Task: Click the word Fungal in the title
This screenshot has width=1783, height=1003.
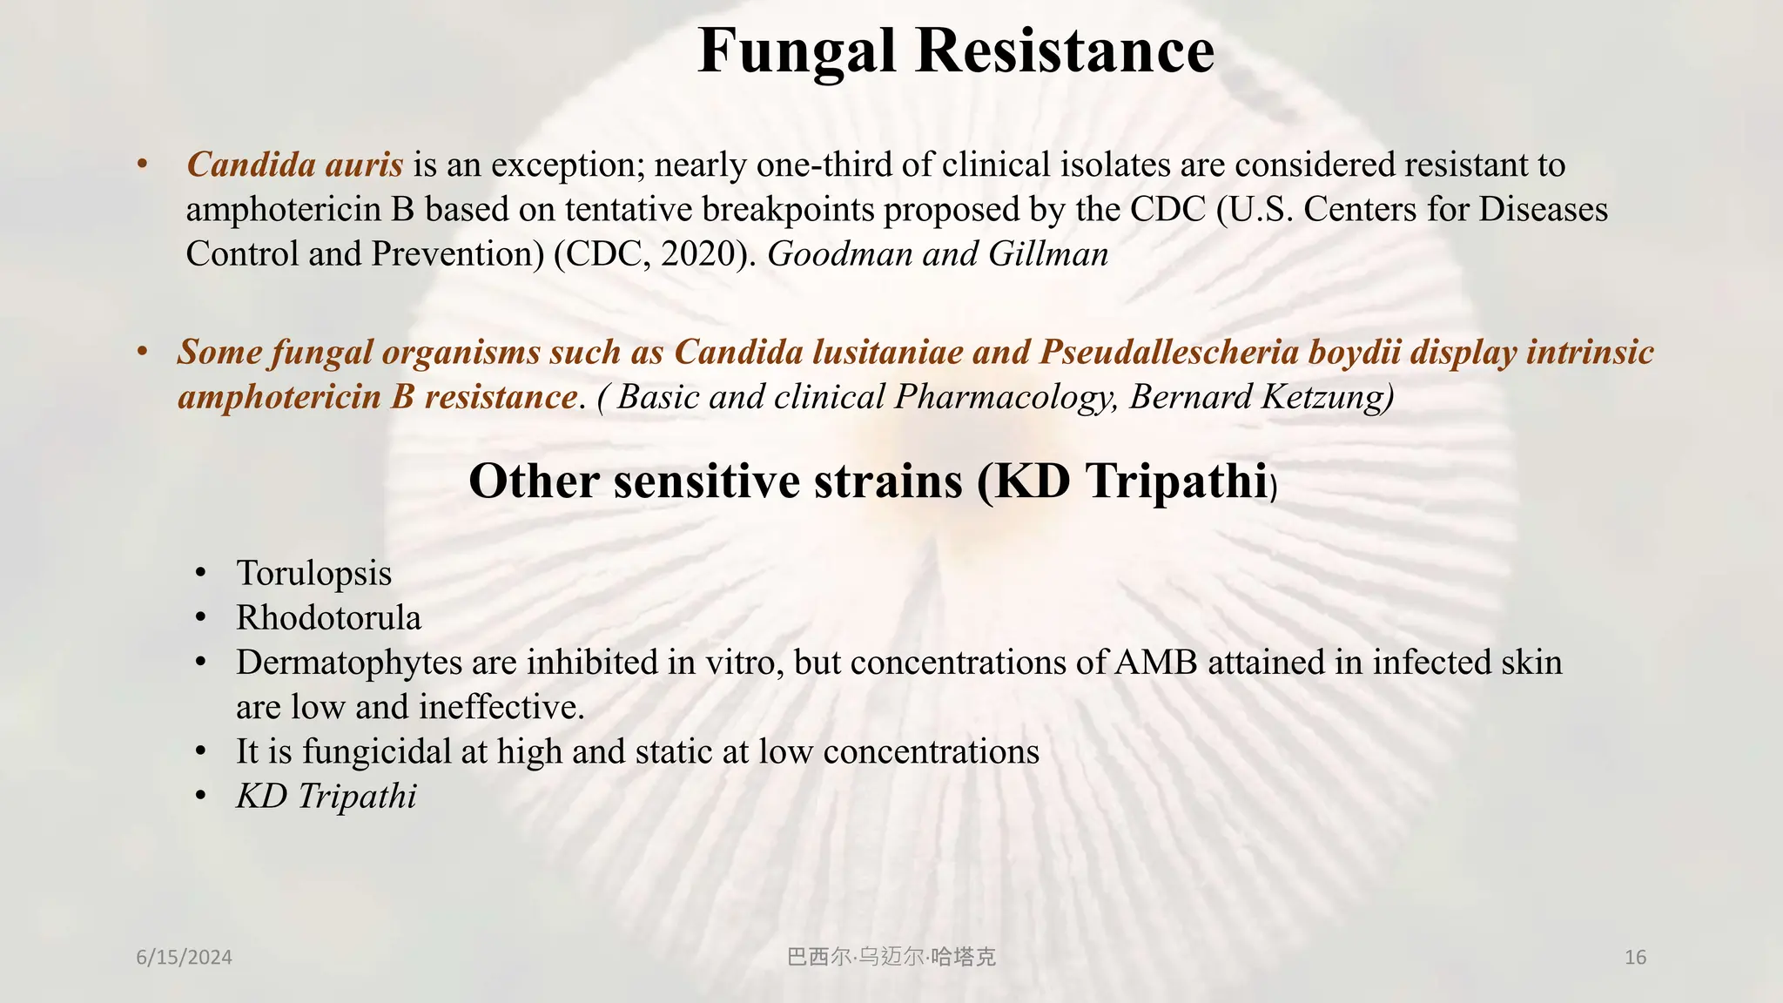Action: [x=797, y=50]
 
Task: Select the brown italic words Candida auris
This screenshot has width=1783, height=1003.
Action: [x=294, y=165]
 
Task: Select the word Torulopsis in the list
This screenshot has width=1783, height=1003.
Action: [x=313, y=573]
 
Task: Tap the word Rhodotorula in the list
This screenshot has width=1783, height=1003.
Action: [x=328, y=618]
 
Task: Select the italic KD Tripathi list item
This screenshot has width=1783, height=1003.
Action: [x=326, y=796]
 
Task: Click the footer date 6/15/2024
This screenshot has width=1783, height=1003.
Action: [x=184, y=958]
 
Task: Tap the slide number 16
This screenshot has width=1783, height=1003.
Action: [x=1635, y=958]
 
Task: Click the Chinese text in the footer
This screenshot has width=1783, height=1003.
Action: [x=891, y=958]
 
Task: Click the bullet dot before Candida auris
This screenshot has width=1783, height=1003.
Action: [x=142, y=165]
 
